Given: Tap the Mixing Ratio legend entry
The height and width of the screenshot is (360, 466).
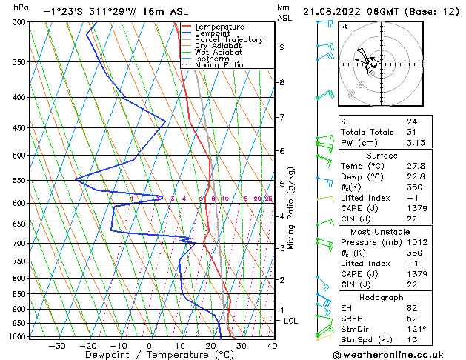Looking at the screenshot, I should coord(219,65).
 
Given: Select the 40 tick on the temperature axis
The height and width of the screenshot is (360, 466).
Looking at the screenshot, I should coord(272,346).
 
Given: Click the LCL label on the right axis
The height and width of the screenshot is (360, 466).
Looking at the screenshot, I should coord(291,321).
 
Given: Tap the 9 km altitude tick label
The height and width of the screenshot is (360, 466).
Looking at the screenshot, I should coord(282,47).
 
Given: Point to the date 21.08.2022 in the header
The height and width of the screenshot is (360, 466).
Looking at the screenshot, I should coord(336,11).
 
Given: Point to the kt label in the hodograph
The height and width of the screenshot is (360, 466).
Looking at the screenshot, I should coord(344,26).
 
